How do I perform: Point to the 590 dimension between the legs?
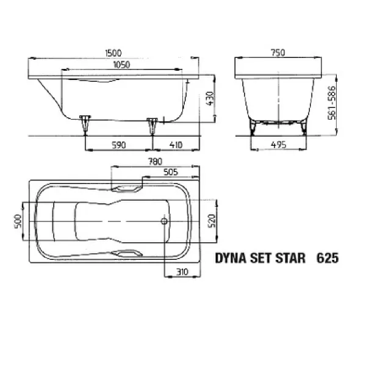[x=118, y=145]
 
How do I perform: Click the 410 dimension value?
[x=176, y=145]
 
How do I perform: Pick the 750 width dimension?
[x=278, y=54]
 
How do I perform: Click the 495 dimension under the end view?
[x=278, y=145]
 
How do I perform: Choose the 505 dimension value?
[x=172, y=172]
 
